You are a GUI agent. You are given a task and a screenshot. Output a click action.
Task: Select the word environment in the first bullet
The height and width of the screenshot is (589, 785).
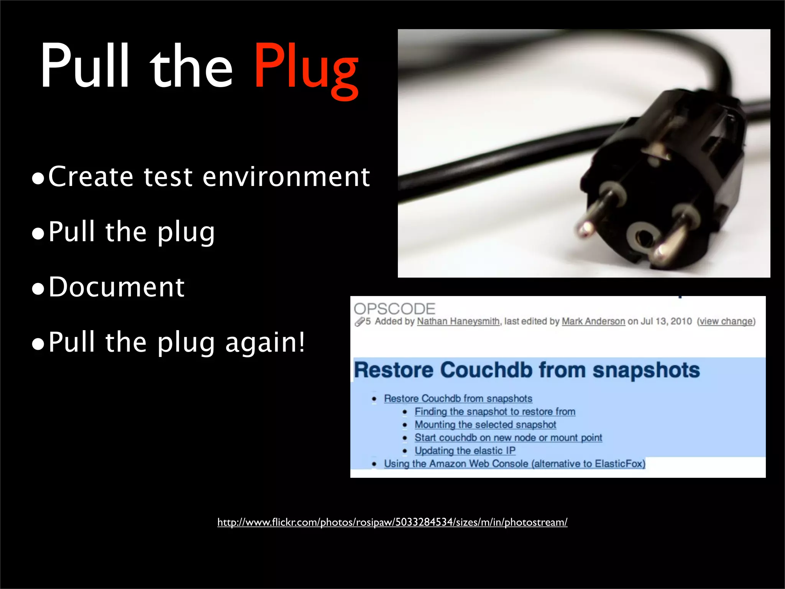click(x=286, y=177)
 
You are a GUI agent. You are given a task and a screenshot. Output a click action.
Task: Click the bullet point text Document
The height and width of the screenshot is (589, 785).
click(x=117, y=287)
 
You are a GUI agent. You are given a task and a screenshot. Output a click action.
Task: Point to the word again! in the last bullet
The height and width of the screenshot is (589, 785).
click(x=265, y=342)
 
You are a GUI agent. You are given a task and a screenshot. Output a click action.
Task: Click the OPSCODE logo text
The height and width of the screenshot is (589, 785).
click(x=394, y=309)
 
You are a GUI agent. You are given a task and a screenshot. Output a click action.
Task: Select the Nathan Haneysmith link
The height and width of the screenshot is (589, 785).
click(x=458, y=321)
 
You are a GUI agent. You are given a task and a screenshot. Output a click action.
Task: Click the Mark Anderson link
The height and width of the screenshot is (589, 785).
click(x=593, y=321)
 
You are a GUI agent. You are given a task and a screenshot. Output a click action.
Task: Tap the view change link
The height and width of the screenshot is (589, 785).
click(x=726, y=321)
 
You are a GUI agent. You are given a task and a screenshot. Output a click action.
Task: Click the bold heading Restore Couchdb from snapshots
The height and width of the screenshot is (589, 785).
click(x=527, y=370)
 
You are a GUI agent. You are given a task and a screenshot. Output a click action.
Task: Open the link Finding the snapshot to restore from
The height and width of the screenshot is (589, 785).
click(x=495, y=411)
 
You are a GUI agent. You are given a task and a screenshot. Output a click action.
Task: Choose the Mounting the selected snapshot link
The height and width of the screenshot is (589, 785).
click(x=485, y=424)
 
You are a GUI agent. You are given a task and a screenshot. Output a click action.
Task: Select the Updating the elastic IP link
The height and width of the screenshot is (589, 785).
click(x=465, y=451)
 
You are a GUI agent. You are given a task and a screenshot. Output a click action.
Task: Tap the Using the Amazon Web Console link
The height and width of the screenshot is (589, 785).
click(x=514, y=464)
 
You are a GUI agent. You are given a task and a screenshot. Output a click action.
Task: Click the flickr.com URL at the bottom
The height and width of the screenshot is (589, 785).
click(x=392, y=522)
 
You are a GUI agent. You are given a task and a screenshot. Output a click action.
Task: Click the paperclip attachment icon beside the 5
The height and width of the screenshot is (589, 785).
click(x=359, y=322)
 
